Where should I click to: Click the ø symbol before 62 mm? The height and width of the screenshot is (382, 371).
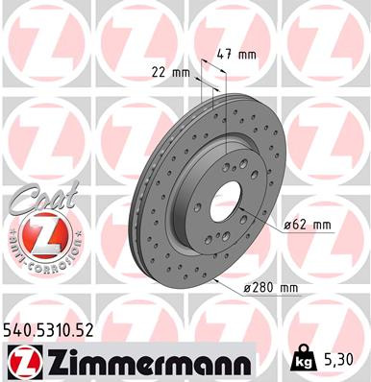coord(288,226)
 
